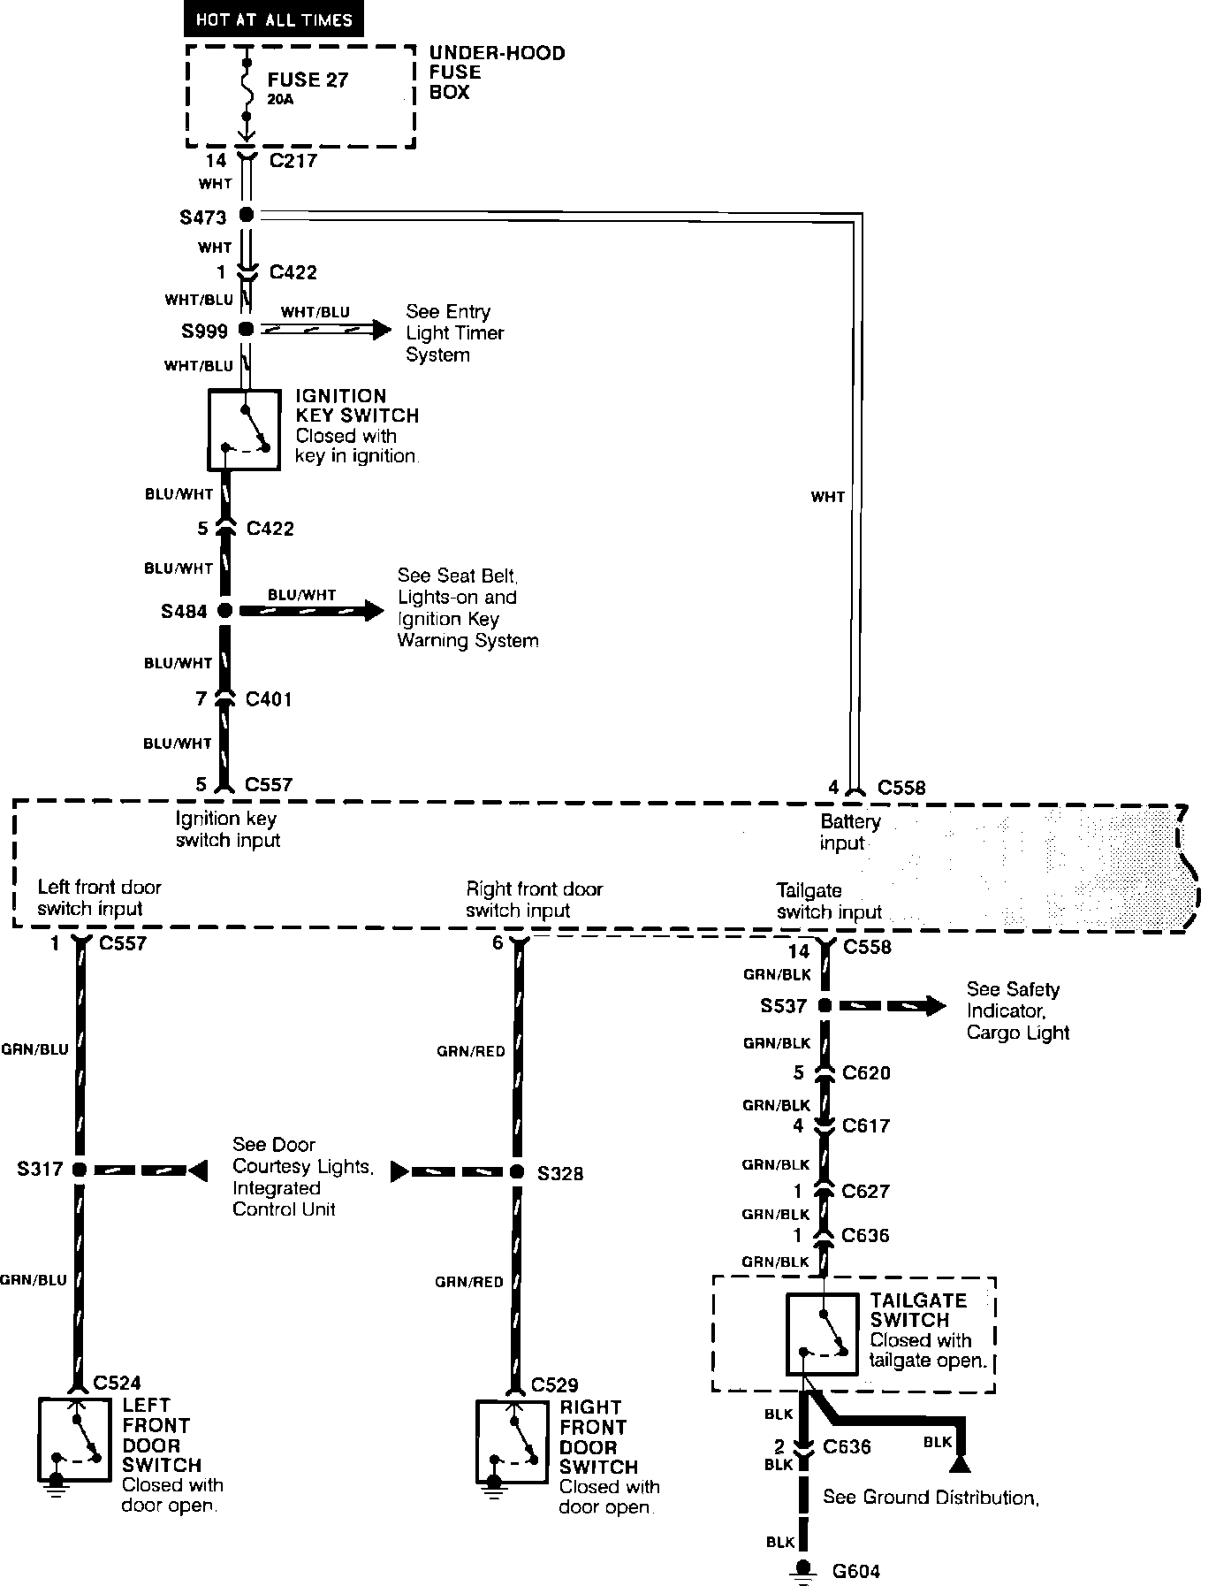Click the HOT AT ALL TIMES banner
(273, 19)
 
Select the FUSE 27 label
(308, 80)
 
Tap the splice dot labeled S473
(247, 215)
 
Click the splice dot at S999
(247, 330)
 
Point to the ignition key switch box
(245, 430)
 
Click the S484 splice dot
(225, 610)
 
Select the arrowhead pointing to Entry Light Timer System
(381, 330)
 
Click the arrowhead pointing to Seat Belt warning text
(375, 610)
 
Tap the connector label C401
(268, 699)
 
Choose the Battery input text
(849, 832)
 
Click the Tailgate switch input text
(828, 901)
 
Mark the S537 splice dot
(825, 1005)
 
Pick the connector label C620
(866, 1072)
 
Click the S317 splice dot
(80, 1170)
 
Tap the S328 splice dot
(518, 1172)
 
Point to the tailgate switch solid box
(822, 1334)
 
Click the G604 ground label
(855, 1571)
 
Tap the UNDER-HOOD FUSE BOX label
(497, 72)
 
